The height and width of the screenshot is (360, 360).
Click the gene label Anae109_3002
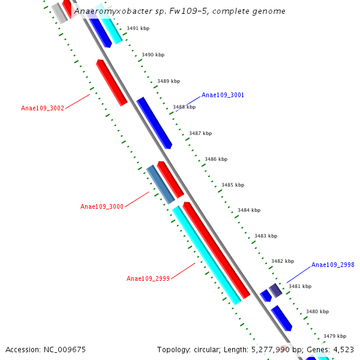pyautogui.click(x=42, y=108)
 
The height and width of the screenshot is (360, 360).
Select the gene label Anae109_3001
pyautogui.click(x=223, y=95)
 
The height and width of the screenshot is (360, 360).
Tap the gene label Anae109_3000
pyautogui.click(x=102, y=206)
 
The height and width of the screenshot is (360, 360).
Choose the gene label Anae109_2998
pyautogui.click(x=332, y=265)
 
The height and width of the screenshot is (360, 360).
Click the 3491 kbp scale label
pyautogui.click(x=138, y=28)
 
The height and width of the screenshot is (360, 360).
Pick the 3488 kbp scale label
pyautogui.click(x=184, y=107)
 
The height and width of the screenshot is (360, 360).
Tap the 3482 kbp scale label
pyautogui.click(x=283, y=261)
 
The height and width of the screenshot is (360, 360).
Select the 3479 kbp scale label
pyautogui.click(x=335, y=336)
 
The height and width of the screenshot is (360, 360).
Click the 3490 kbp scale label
pyautogui.click(x=153, y=55)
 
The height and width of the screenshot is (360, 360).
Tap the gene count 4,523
pyautogui.click(x=341, y=349)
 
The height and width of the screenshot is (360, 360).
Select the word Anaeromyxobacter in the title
pyautogui.click(x=111, y=11)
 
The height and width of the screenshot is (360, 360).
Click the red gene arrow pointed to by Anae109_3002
pyautogui.click(x=112, y=83)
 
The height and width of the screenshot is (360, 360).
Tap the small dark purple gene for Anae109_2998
pyautogui.click(x=275, y=290)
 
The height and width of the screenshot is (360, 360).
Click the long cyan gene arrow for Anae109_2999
pyautogui.click(x=206, y=255)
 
